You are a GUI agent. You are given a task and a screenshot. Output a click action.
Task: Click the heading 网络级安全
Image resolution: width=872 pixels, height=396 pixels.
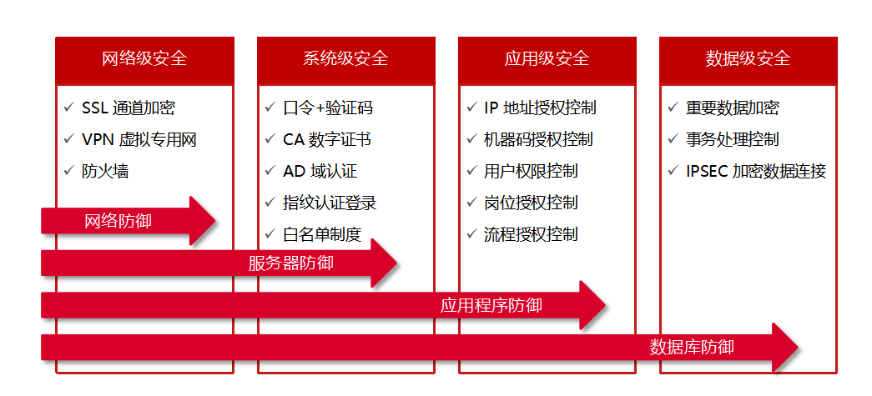(x=144, y=59)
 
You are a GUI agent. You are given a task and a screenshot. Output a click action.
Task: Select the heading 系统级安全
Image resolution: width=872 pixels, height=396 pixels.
(x=345, y=59)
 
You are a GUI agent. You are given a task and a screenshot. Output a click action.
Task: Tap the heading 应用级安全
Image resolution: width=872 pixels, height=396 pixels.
(x=547, y=59)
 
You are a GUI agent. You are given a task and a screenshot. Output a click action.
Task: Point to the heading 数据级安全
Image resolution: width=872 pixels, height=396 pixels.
(x=748, y=59)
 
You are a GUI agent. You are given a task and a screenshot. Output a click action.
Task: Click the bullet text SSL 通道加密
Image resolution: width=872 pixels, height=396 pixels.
(x=129, y=108)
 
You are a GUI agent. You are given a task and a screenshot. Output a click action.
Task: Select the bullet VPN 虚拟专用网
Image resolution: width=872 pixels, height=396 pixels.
(x=139, y=139)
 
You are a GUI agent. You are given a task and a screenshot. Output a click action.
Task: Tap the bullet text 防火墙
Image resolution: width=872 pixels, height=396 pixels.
(x=105, y=171)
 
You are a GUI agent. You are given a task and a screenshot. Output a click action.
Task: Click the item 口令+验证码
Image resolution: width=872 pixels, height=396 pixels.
(x=328, y=108)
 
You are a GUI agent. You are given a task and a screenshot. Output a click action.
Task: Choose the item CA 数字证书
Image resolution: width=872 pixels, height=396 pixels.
(x=327, y=139)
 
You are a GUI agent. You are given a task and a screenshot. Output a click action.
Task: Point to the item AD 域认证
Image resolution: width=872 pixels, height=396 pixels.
(x=320, y=171)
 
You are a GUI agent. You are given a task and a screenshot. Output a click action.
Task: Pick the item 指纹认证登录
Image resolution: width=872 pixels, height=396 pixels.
(x=330, y=203)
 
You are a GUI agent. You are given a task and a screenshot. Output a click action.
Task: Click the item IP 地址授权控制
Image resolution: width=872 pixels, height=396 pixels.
(x=540, y=108)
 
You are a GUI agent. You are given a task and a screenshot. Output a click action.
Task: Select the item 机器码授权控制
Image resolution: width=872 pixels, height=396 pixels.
(x=538, y=139)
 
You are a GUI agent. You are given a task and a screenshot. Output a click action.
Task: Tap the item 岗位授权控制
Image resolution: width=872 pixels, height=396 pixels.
(x=531, y=203)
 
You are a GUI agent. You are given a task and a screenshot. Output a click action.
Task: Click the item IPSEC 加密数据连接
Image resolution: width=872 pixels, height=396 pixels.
(x=756, y=171)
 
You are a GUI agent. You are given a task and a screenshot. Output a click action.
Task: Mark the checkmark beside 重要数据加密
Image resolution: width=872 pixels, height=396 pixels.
(x=673, y=108)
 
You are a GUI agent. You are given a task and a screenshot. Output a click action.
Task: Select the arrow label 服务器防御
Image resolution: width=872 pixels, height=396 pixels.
(x=290, y=263)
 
